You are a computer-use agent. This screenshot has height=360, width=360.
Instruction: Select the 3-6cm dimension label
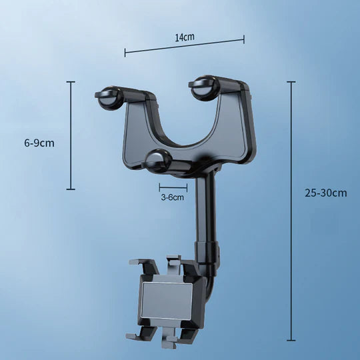click(x=172, y=197)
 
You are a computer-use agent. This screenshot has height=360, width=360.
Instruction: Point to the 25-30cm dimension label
click(x=326, y=193)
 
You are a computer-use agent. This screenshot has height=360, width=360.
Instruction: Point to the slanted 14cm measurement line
click(x=185, y=46)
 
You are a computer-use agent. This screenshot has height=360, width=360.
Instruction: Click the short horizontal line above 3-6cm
click(x=168, y=187)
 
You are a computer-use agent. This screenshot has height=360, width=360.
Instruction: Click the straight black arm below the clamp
click(x=203, y=207)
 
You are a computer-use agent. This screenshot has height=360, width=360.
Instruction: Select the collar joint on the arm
click(x=207, y=253)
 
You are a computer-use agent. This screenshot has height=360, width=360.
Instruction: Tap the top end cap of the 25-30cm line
click(x=291, y=82)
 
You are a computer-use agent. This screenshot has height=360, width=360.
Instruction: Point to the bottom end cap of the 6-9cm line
click(x=71, y=189)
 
